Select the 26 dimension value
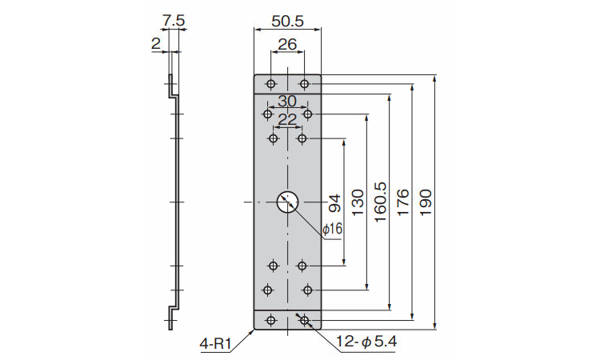287,46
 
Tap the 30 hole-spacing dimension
287,101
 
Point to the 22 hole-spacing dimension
287,118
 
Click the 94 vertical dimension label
334,202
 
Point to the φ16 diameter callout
332,230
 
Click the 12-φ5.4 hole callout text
366,343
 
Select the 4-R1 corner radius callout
215,344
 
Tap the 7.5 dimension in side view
173,18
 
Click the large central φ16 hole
287,202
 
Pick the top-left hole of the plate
271,84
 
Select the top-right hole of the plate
304,84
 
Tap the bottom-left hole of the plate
271,320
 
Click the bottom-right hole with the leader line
304,320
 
